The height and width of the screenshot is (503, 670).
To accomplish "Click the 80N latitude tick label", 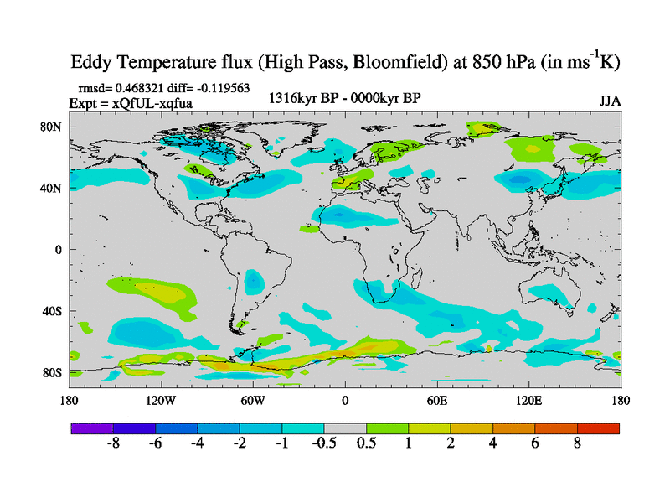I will click(54, 127).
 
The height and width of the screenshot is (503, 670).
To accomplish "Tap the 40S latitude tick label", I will click(54, 311).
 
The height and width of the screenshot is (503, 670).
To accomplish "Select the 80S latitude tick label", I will click(54, 372).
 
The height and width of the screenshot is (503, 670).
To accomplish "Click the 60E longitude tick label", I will click(437, 401).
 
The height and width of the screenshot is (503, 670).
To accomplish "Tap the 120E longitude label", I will click(528, 401).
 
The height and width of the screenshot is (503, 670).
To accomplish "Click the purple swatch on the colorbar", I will click(92, 428).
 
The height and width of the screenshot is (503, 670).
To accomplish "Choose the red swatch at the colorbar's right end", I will click(598, 428).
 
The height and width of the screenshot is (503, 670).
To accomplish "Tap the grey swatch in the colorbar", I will click(345, 428).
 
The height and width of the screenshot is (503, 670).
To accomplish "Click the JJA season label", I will click(610, 101).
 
